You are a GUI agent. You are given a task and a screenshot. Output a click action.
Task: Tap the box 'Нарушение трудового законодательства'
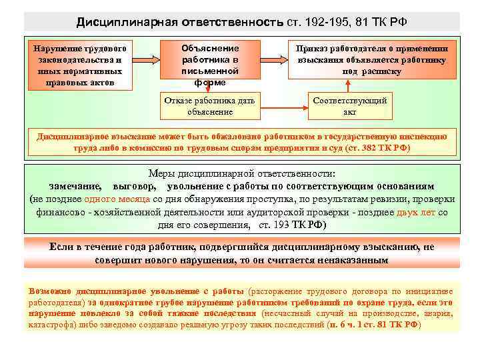click(81, 65)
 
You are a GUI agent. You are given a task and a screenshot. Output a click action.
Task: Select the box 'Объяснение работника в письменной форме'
click(211, 65)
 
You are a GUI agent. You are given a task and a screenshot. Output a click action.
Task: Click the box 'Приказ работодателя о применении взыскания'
click(372, 59)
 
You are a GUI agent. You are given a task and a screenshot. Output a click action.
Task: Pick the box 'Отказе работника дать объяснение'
click(210, 107)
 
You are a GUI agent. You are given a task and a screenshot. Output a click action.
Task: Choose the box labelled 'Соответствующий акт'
click(350, 107)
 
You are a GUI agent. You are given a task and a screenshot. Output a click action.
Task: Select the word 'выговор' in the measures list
click(135, 186)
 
